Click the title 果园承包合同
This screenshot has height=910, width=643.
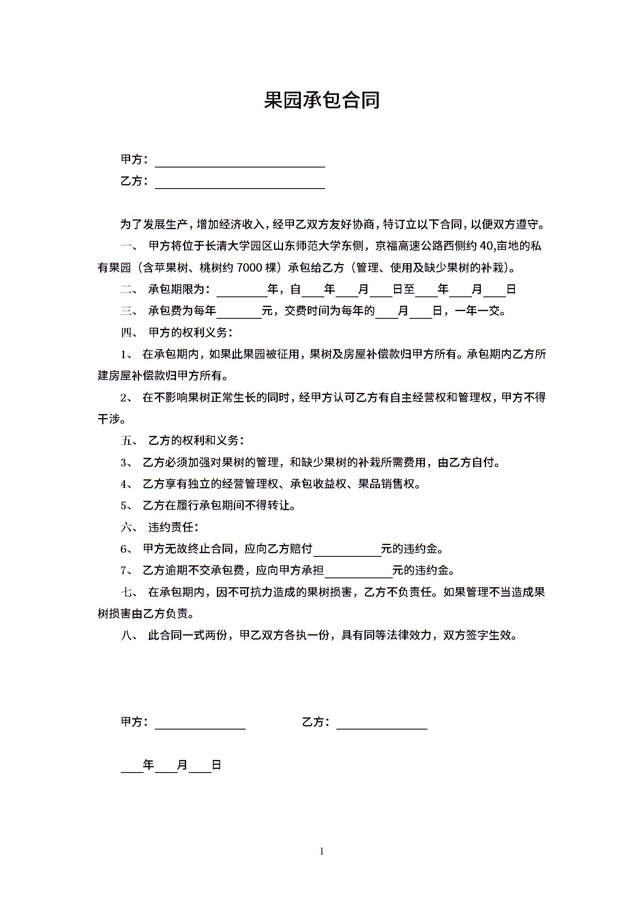[x=321, y=100]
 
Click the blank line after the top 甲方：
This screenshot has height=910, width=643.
[x=240, y=163]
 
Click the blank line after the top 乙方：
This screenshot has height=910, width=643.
[x=240, y=184]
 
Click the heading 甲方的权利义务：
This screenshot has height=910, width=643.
[x=191, y=333]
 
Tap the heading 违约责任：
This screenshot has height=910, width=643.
[x=173, y=527]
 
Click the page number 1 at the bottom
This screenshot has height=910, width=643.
[x=322, y=851]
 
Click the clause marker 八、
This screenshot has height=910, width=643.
[x=130, y=635]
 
